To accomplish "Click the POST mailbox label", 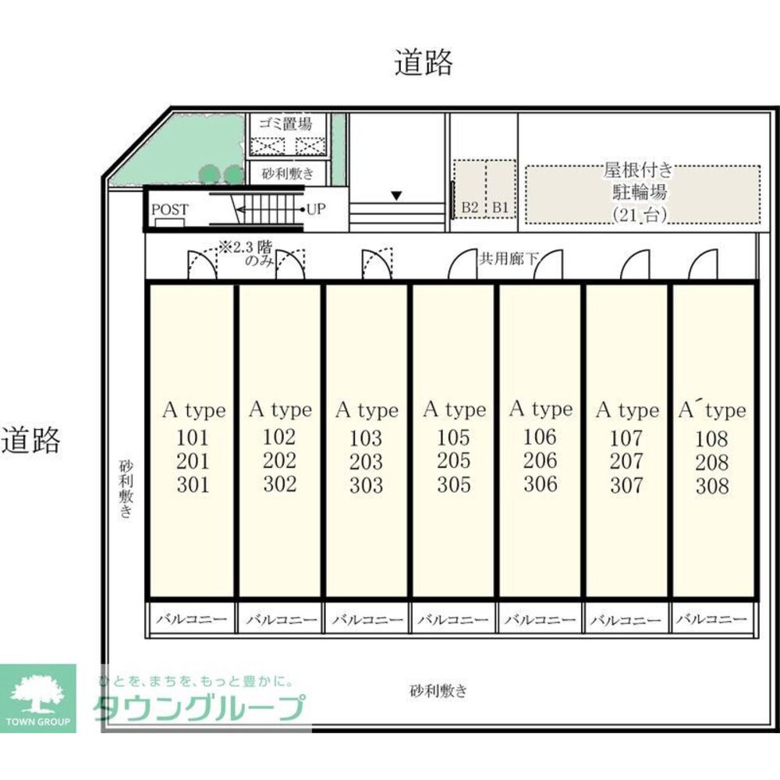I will (x=169, y=209).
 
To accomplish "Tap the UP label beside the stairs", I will (x=315, y=209).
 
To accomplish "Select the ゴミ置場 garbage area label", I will (x=285, y=123).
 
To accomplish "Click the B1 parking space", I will (x=500, y=207).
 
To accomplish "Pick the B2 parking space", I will (x=469, y=207).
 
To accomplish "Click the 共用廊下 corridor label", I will (x=508, y=258).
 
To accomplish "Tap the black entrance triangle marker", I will (x=397, y=196).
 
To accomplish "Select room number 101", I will (x=193, y=437).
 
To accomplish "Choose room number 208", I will (x=711, y=463).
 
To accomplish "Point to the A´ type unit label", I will (x=711, y=410).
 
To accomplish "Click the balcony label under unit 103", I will (x=367, y=620).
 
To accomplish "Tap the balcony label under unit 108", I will (x=711, y=620).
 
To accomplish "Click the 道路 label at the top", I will (x=423, y=62).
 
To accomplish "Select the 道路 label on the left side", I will (x=30, y=441).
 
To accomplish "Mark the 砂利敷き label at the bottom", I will (x=438, y=690).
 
